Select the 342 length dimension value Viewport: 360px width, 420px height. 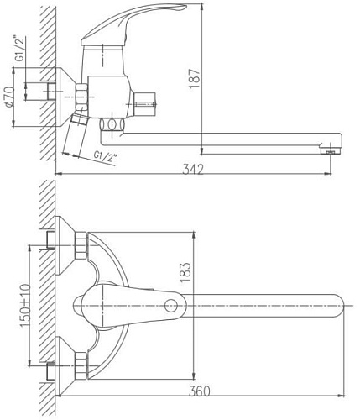[194, 169]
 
